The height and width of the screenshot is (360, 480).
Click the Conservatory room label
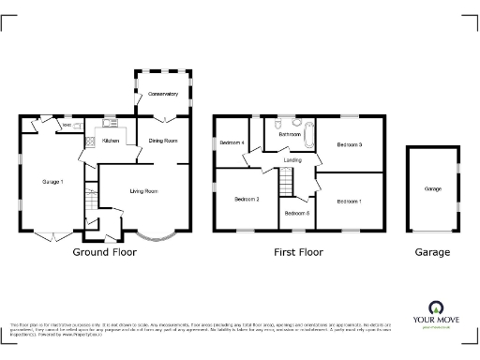[x=163, y=94]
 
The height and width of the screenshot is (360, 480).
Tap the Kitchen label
[x=111, y=142]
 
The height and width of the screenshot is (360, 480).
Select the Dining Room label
[x=163, y=141]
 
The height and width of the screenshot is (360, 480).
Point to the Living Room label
[x=142, y=191]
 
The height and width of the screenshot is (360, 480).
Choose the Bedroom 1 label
[x=349, y=201]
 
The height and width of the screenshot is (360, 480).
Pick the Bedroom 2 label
[x=247, y=200]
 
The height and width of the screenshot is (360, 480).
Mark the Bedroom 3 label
[x=350, y=144]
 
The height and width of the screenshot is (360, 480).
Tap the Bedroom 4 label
[x=232, y=142]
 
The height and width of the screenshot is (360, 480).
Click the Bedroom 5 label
[x=296, y=214]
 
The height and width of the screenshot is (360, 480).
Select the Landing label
[x=292, y=161]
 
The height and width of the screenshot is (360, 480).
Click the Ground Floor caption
[x=104, y=253]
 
